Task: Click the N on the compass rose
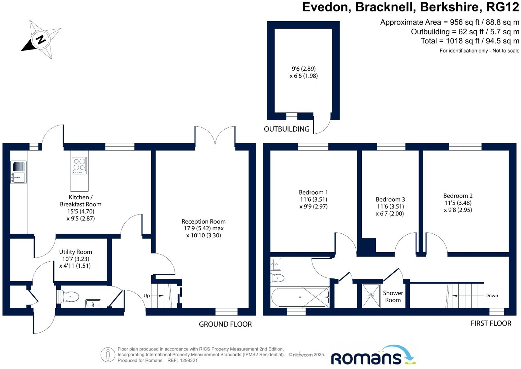[x=41, y=39]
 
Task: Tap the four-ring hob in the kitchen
[x=79, y=166]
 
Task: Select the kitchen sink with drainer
[x=19, y=172]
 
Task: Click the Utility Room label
[x=75, y=252]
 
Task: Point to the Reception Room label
[x=203, y=221]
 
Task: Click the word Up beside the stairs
[x=146, y=296]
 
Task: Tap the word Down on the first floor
[x=491, y=296]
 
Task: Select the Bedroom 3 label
[x=390, y=200]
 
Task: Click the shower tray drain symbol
[x=371, y=296]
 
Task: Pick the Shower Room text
[x=393, y=297]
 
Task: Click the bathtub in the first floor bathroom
[x=300, y=297]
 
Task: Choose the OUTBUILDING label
[x=287, y=129]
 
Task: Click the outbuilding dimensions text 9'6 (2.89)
[x=304, y=69]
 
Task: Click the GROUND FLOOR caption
[x=225, y=324]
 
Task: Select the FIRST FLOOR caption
[x=491, y=323]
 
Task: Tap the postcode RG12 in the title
[x=502, y=7]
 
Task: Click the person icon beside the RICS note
[x=108, y=355]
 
